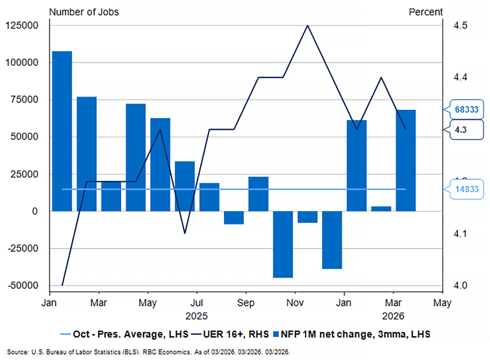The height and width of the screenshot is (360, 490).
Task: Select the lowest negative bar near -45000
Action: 283,244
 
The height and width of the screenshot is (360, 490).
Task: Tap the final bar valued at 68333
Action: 406,160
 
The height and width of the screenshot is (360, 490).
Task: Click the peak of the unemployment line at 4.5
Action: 307,25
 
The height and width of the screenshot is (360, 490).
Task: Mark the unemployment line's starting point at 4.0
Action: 62,285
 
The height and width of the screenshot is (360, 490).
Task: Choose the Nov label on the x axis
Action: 295,303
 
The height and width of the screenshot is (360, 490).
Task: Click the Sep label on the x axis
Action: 245,303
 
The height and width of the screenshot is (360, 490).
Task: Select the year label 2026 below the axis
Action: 393,316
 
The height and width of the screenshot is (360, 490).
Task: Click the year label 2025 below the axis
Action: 196,316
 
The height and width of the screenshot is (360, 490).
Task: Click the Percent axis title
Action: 425,11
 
